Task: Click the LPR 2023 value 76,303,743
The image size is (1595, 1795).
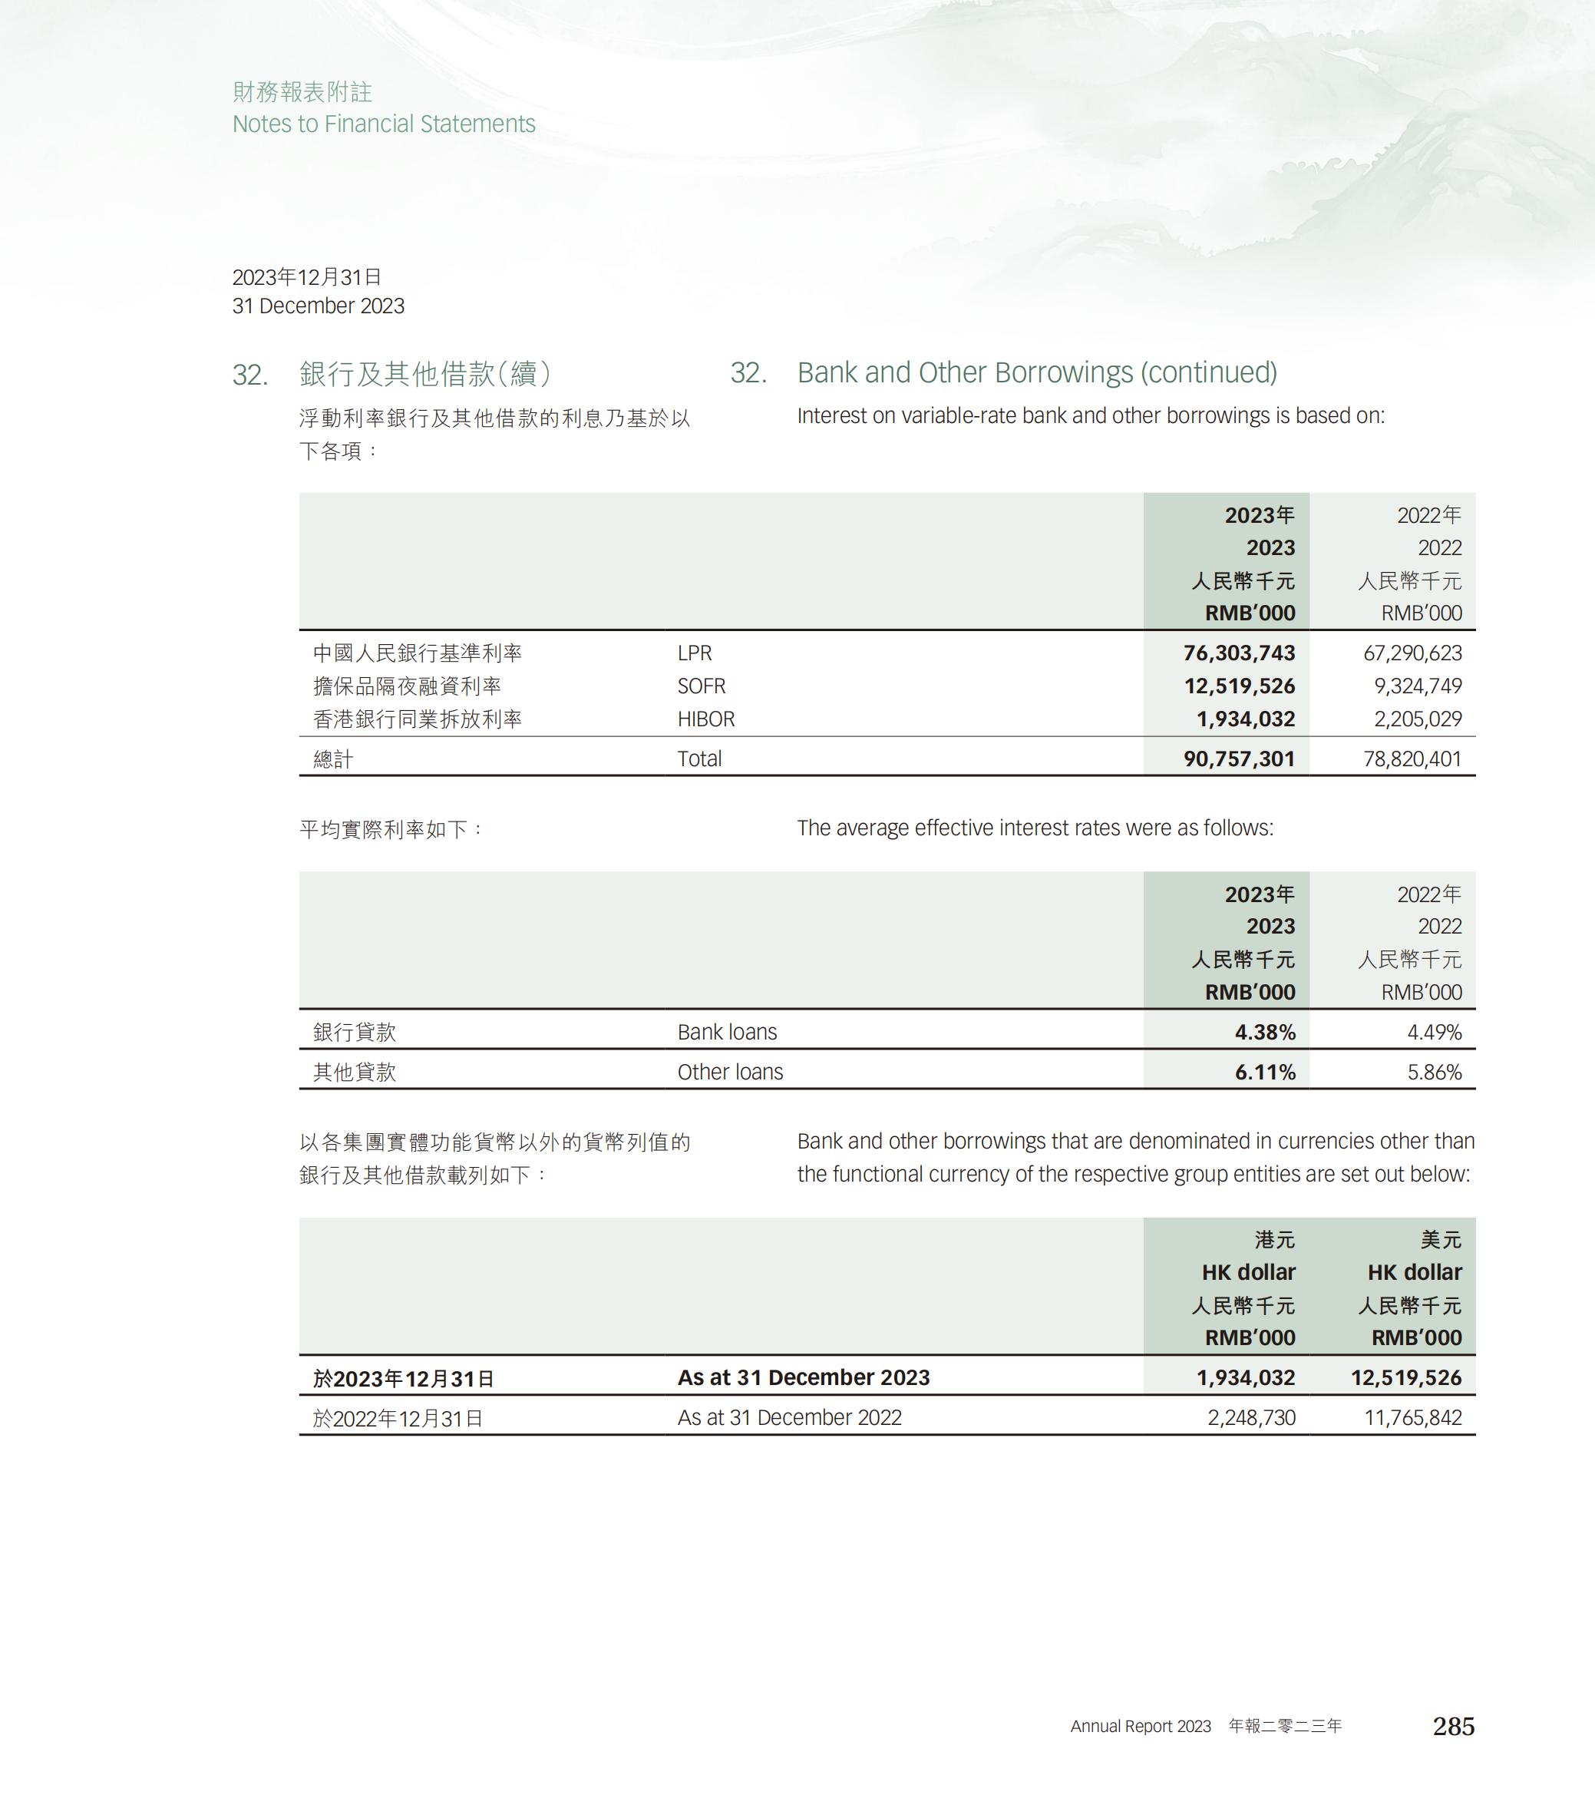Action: tap(1239, 653)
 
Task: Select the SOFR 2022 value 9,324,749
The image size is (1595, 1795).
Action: tap(1418, 686)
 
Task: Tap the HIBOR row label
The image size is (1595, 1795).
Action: tap(705, 719)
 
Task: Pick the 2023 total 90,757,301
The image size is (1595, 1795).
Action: tap(1239, 759)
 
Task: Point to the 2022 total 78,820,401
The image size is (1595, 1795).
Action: tap(1412, 759)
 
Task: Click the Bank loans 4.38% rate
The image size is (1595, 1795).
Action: tap(1265, 1032)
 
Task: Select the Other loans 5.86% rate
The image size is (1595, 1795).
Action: tap(1435, 1073)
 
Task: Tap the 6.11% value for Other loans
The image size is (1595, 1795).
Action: tap(1265, 1073)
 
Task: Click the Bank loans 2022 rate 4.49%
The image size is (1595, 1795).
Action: tap(1435, 1032)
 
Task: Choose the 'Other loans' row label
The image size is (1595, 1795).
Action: tap(729, 1073)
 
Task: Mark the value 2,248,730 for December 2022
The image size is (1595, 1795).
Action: tap(1251, 1417)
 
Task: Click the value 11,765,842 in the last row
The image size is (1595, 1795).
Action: tap(1412, 1417)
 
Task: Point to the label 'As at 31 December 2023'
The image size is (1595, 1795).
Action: tap(803, 1377)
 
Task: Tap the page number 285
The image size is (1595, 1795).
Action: tap(1453, 1727)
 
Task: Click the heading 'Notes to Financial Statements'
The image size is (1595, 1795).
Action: tap(384, 124)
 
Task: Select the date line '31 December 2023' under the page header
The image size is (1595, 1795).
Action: tap(318, 306)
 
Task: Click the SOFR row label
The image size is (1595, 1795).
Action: tap(702, 686)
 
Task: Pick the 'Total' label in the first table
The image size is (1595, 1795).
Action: tap(698, 759)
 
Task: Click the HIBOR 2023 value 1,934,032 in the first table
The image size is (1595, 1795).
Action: tap(1246, 719)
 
